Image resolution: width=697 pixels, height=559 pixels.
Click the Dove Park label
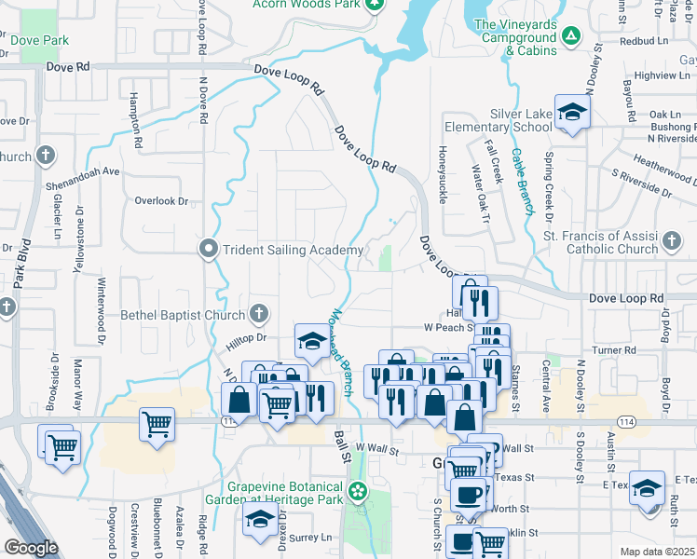pos(39,40)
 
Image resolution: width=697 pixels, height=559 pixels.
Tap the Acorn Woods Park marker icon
pos(375,4)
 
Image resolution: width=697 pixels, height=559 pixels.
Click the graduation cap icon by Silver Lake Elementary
pos(573,112)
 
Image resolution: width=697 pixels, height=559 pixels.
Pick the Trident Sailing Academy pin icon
pos(208,249)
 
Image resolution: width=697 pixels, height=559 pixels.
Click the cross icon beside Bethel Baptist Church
pos(258,314)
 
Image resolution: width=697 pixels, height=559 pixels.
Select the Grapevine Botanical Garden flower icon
pos(357,491)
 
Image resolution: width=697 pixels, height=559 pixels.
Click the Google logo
pos(31,548)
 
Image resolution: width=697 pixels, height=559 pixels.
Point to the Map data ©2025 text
pos(657,552)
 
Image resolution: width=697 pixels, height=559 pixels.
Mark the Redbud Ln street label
pos(649,42)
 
